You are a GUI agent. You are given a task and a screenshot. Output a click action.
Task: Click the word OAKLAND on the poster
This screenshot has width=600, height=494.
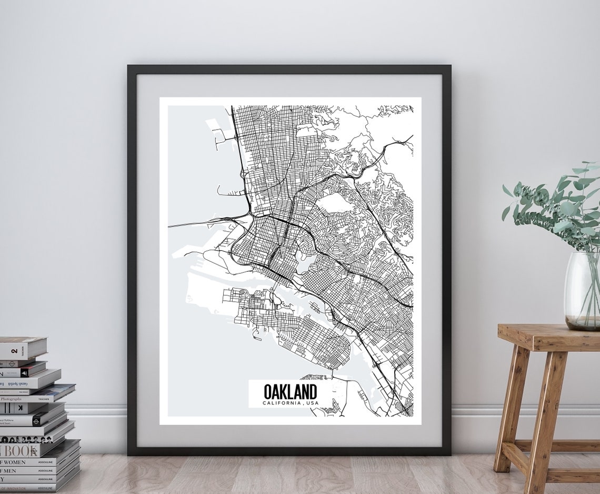(290, 392)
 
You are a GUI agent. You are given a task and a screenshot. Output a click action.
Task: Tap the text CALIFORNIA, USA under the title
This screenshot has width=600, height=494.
(290, 403)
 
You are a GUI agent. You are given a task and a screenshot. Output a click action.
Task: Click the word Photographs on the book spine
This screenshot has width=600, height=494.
(11, 399)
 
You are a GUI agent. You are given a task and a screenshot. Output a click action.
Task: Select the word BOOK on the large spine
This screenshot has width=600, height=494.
(19, 451)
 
